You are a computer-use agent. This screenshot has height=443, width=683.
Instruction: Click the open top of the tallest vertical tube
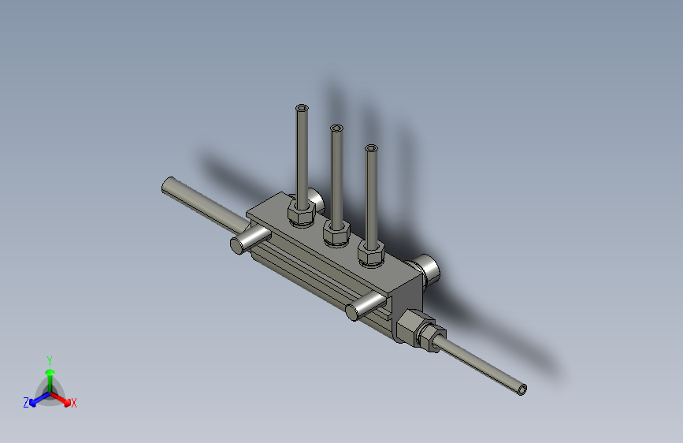coord(302,108)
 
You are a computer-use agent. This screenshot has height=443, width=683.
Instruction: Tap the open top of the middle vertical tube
coord(336,128)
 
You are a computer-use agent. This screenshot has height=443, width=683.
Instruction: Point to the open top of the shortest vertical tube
coord(371,148)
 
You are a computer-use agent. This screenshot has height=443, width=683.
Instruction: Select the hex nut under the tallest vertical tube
coord(302,214)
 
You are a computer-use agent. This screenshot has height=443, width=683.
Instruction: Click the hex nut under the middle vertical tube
coord(336,233)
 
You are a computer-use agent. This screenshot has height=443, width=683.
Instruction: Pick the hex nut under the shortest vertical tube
coord(371,254)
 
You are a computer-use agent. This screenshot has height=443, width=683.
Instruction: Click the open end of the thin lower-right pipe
coord(522,389)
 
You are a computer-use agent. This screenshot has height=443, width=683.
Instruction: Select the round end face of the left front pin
coord(237,245)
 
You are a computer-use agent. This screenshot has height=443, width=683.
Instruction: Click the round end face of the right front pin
coord(352,312)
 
